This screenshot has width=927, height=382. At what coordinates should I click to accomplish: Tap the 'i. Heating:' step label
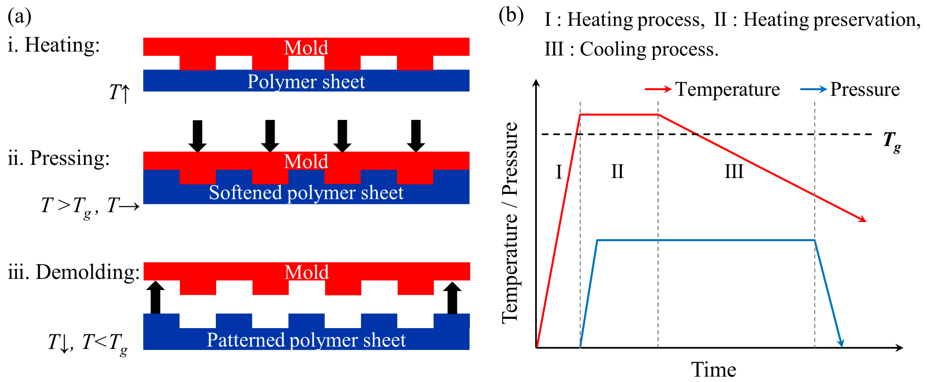click(54, 45)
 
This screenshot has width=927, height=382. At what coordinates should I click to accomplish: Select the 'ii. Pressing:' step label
click(59, 158)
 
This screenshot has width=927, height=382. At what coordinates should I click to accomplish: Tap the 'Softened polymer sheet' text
click(306, 193)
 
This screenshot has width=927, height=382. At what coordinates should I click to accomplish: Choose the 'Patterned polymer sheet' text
click(306, 340)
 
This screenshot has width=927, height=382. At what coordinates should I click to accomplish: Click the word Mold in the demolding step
click(307, 272)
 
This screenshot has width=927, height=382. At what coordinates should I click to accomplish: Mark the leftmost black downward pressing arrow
click(198, 136)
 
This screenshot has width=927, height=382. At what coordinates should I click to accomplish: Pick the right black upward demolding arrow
click(452, 298)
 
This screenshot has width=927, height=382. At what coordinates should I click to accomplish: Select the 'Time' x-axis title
click(714, 369)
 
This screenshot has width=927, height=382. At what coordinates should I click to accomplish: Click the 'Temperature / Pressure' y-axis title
click(510, 223)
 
